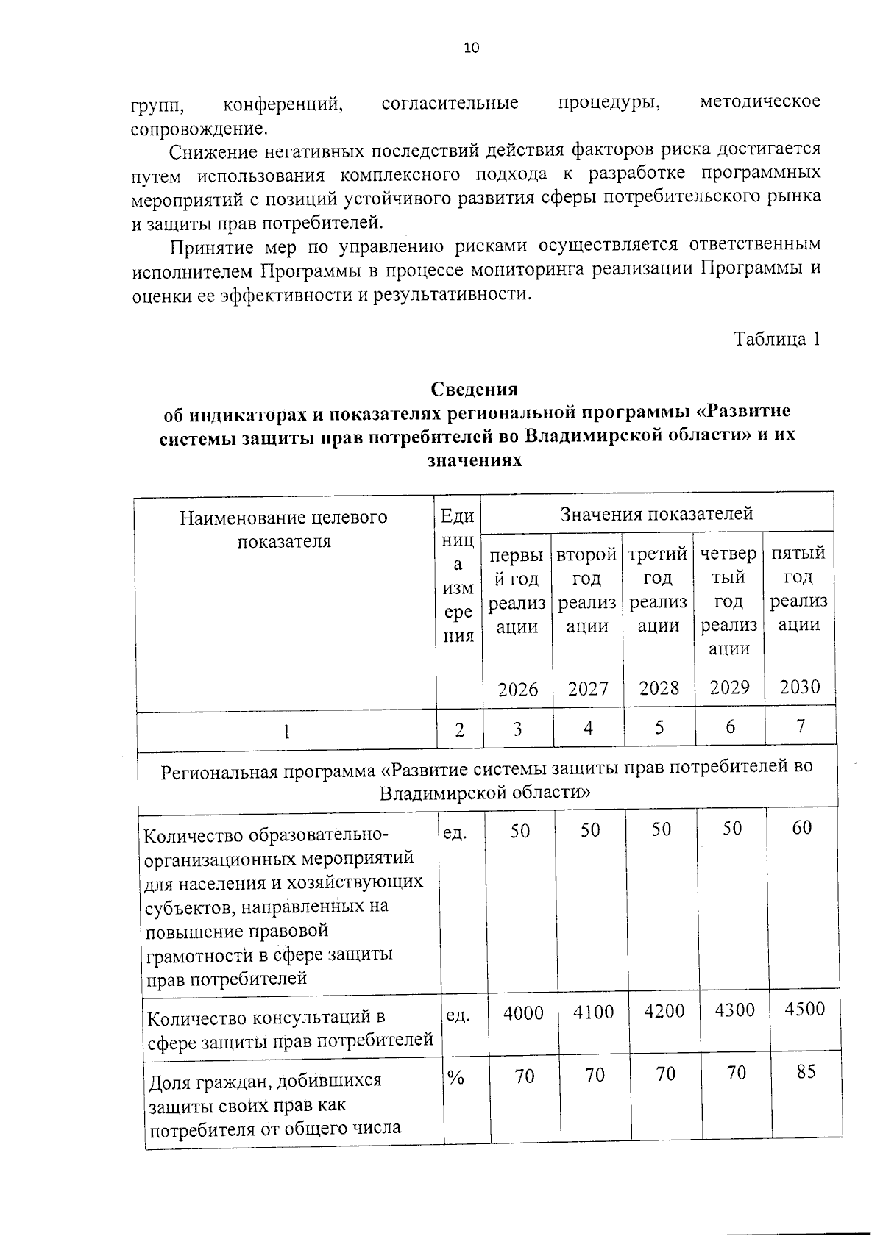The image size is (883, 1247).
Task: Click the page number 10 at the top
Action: [x=471, y=49]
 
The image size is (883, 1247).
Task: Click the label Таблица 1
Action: [x=776, y=339]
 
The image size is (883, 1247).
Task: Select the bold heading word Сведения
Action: [x=474, y=388]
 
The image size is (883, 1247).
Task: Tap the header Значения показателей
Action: [x=656, y=513]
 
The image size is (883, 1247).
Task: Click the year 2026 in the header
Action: [x=518, y=689]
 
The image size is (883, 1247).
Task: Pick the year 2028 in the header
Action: [x=659, y=687]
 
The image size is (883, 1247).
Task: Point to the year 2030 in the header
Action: [x=800, y=687]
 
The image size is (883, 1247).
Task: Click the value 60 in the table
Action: [x=802, y=827]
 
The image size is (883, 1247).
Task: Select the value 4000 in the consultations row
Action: [x=523, y=1013]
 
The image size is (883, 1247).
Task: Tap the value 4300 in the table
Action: [x=735, y=1010]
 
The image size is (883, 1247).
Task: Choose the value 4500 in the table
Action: [x=804, y=1009]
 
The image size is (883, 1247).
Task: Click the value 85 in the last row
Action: [x=806, y=1071]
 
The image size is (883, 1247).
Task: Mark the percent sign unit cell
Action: [x=455, y=1078]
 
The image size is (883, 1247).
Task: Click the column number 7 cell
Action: [x=801, y=726]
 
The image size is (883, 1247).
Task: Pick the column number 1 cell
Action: [x=286, y=731]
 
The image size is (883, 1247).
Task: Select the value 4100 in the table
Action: [x=593, y=1012]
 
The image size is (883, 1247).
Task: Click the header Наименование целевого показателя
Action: [x=283, y=529]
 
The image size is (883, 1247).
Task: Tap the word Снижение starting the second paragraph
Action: [x=210, y=152]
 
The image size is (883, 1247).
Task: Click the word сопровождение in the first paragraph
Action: [x=199, y=129]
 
